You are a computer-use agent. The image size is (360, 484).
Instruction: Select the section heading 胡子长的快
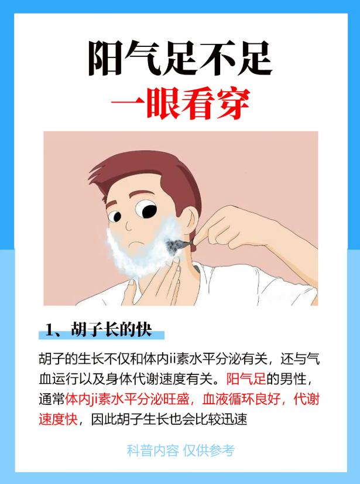pyautogui.click(x=111, y=329)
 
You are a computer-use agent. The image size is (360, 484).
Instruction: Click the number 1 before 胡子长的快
pyautogui.click(x=50, y=329)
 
